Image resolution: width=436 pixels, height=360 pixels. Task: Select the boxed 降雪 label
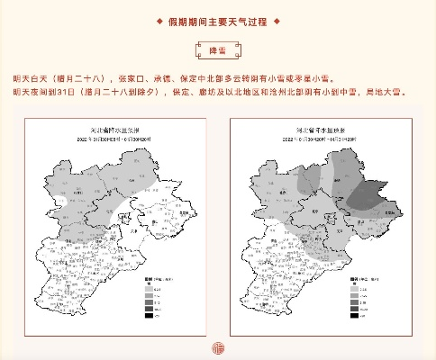(217, 50)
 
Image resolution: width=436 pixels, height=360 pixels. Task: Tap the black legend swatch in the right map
(354, 317)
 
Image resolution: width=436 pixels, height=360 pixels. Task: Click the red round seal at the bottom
(217, 348)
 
